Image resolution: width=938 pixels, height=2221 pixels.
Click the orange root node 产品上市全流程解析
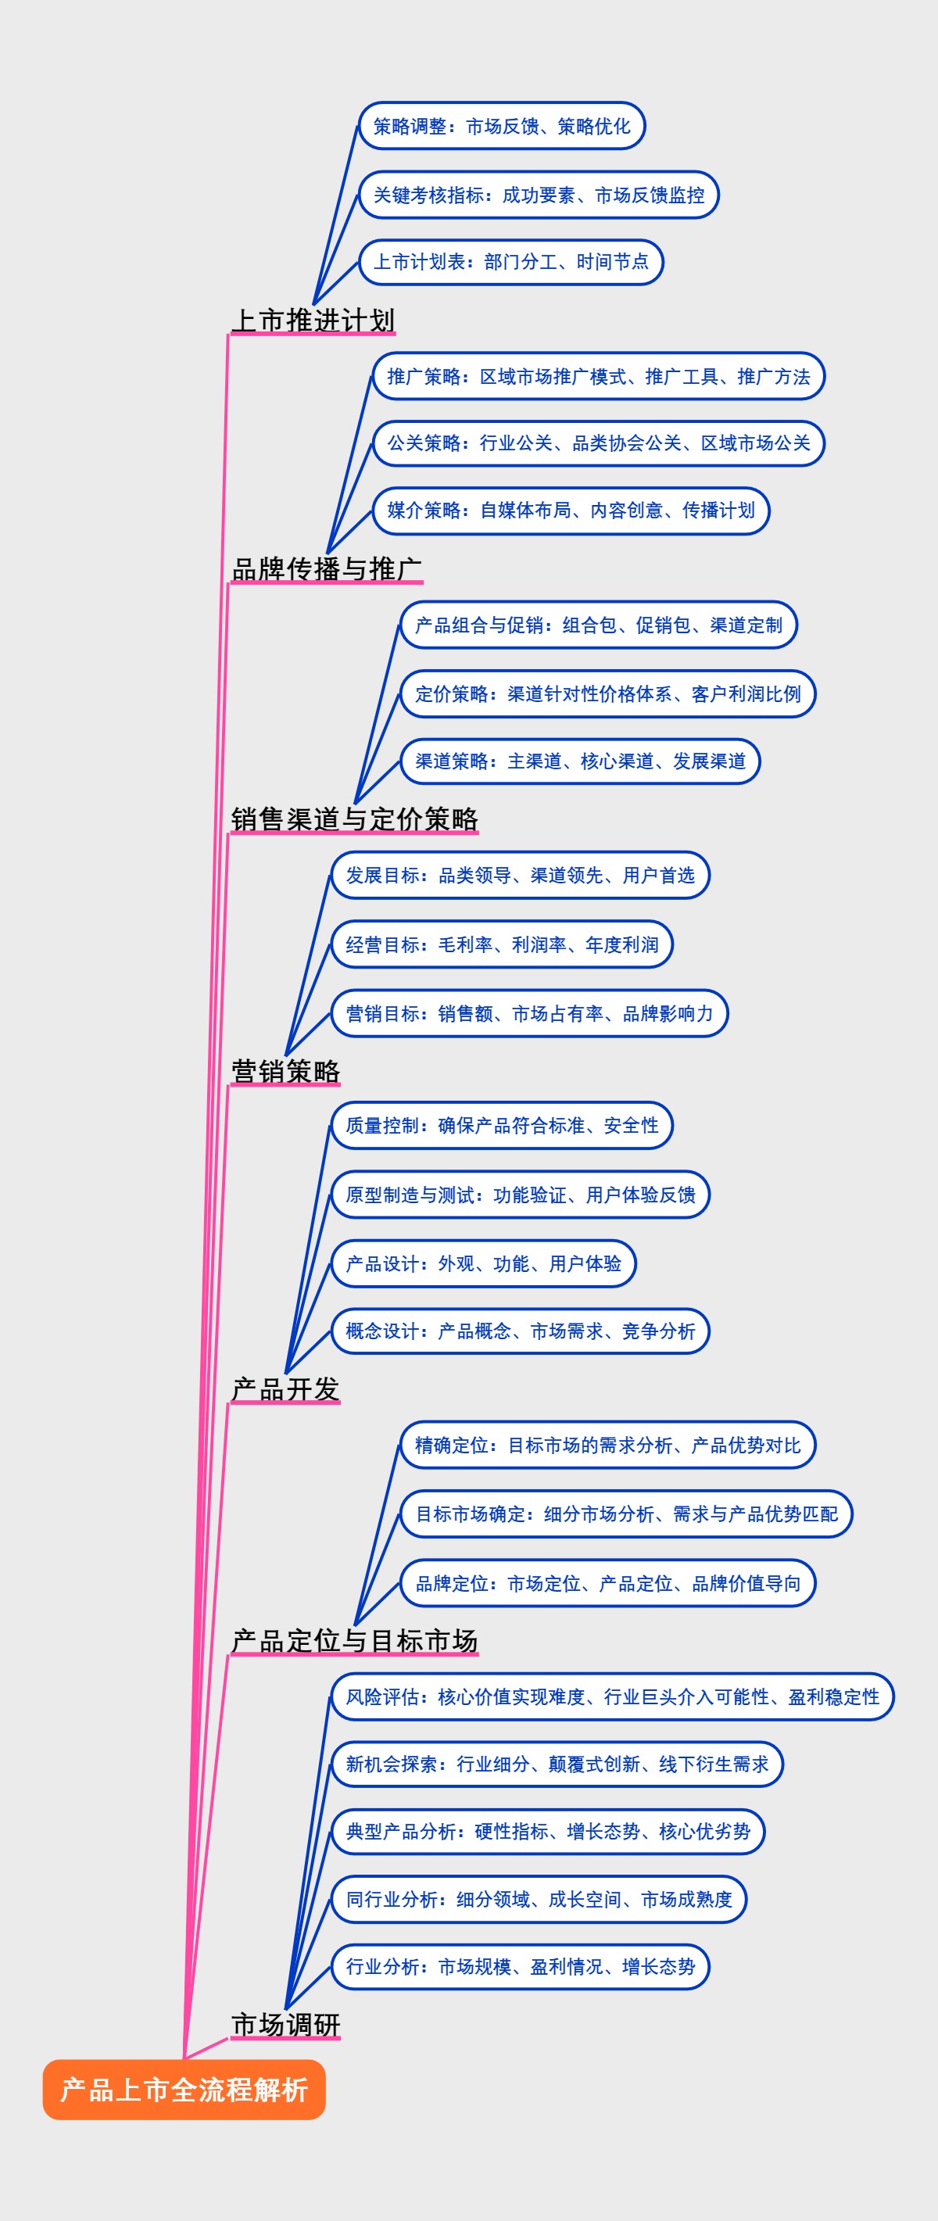pyautogui.click(x=184, y=2089)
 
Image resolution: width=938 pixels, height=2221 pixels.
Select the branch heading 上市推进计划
pyautogui.click(x=313, y=320)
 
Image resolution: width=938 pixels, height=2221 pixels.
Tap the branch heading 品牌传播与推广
pyautogui.click(x=327, y=569)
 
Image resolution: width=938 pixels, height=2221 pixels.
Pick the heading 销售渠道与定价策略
pyautogui.click(x=354, y=819)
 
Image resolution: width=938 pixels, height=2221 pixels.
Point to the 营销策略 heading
pyautogui.click(x=285, y=1070)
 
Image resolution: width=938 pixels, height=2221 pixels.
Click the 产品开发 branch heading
pyautogui.click(x=285, y=1389)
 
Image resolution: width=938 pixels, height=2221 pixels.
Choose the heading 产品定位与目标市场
pyautogui.click(x=354, y=1640)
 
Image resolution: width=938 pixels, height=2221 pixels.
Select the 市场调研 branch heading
pyautogui.click(x=285, y=2023)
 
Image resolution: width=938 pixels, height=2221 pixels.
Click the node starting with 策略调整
pyautogui.click(x=502, y=126)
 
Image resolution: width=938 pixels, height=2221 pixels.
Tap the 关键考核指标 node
pyautogui.click(x=538, y=195)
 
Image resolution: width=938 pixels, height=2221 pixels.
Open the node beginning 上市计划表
pyautogui.click(x=510, y=262)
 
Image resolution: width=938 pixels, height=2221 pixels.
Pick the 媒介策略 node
pyautogui.click(x=571, y=510)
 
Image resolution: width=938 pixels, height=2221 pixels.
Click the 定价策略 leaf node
pyautogui.click(x=608, y=694)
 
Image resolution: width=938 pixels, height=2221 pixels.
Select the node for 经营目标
pyautogui.click(x=502, y=944)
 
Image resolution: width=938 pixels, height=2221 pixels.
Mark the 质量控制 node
pyautogui.click(x=502, y=1125)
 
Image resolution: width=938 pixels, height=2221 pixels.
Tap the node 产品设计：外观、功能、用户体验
pyautogui.click(x=483, y=1263)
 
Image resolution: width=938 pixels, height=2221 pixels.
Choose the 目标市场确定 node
pyautogui.click(x=626, y=1514)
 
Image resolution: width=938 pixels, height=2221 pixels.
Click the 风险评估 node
pyautogui.click(x=612, y=1696)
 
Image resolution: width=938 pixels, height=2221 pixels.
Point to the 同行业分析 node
pyautogui.click(x=539, y=1899)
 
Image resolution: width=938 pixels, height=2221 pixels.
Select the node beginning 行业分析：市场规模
pyautogui.click(x=520, y=1967)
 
